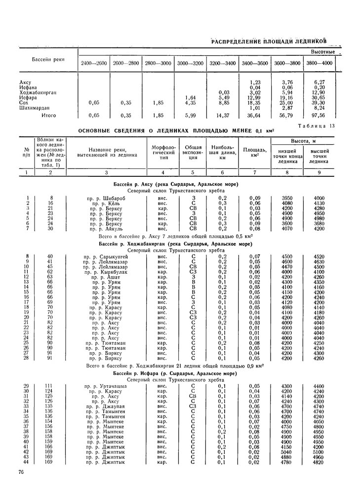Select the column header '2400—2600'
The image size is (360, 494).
pos(93,63)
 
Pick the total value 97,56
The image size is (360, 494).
pos(319,116)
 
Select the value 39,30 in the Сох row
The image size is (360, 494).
pos(319,102)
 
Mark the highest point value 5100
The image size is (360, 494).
pos(319,452)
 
